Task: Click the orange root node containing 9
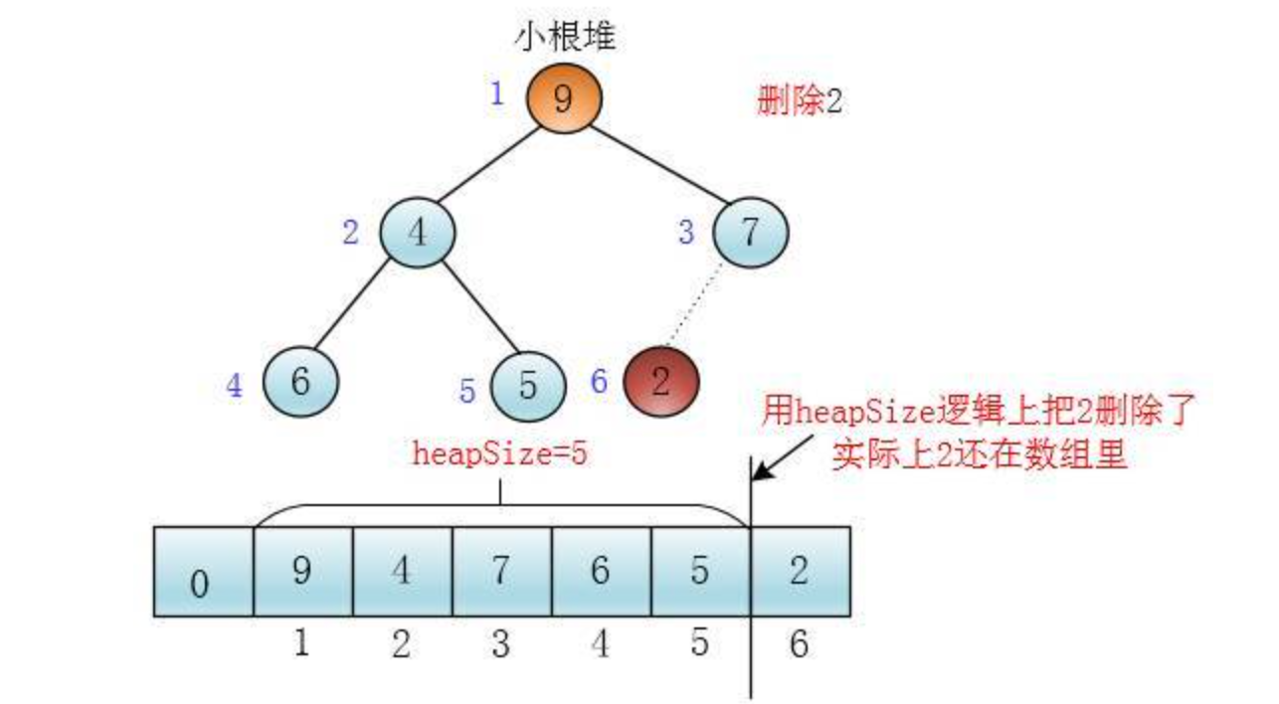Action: tap(564, 97)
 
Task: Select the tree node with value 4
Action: tap(417, 232)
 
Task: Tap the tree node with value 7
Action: tap(750, 232)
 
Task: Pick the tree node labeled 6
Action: tap(300, 382)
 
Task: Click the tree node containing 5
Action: tap(527, 385)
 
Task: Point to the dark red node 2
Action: tap(661, 382)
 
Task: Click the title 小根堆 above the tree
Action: tap(564, 38)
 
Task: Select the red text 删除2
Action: tap(799, 100)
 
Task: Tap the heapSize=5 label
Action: tap(499, 455)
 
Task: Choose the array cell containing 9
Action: tap(302, 572)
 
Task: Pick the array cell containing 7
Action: tap(500, 572)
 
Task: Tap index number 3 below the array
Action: tap(500, 644)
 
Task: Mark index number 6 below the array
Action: tap(799, 644)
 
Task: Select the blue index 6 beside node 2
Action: tap(599, 381)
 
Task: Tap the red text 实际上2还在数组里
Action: tap(980, 455)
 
